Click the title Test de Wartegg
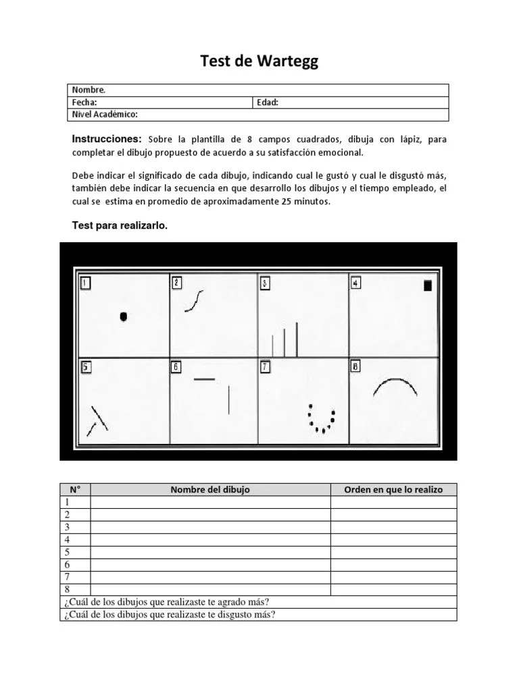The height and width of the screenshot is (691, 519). click(259, 62)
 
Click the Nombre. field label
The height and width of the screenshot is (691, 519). click(89, 90)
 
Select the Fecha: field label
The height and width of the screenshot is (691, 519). click(85, 103)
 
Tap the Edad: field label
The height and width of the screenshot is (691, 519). click(268, 103)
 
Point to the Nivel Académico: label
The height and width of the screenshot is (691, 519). click(105, 115)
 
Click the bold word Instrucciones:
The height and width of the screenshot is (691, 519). click(107, 139)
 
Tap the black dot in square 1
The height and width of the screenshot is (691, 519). click(123, 316)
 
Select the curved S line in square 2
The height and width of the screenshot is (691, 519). click(194, 300)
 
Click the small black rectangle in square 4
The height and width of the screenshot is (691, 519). click(427, 285)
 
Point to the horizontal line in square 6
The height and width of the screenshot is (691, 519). click(204, 379)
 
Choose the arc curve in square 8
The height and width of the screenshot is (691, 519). click(395, 389)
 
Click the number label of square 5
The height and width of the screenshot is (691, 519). click(86, 367)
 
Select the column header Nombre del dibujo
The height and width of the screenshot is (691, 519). click(210, 489)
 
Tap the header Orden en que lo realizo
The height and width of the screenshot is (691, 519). click(393, 489)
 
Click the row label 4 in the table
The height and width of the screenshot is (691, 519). click(67, 540)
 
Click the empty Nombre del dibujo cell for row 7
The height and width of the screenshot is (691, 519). click(210, 577)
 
